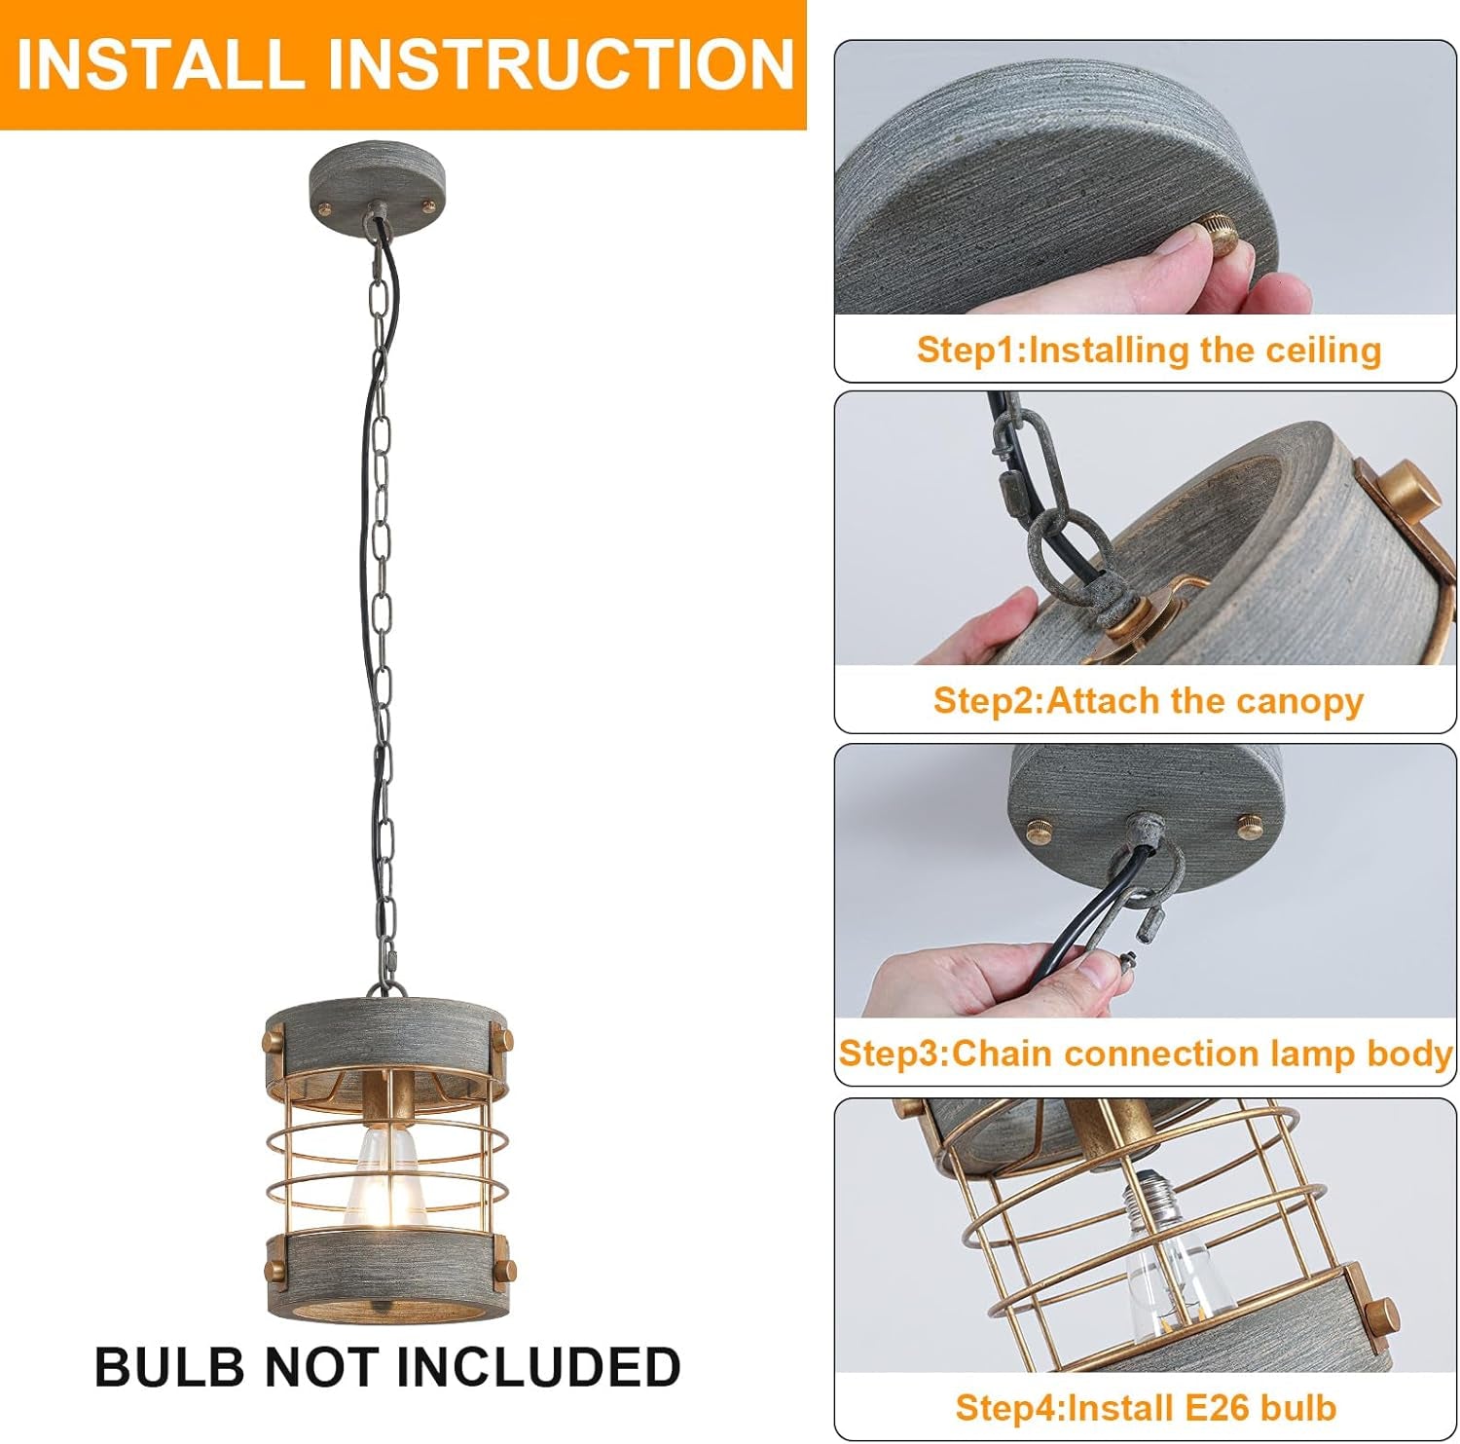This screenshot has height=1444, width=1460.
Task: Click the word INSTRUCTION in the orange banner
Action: tap(562, 64)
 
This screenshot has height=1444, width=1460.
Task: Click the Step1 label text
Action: tap(971, 350)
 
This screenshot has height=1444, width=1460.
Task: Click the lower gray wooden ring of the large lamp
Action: tap(386, 1270)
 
